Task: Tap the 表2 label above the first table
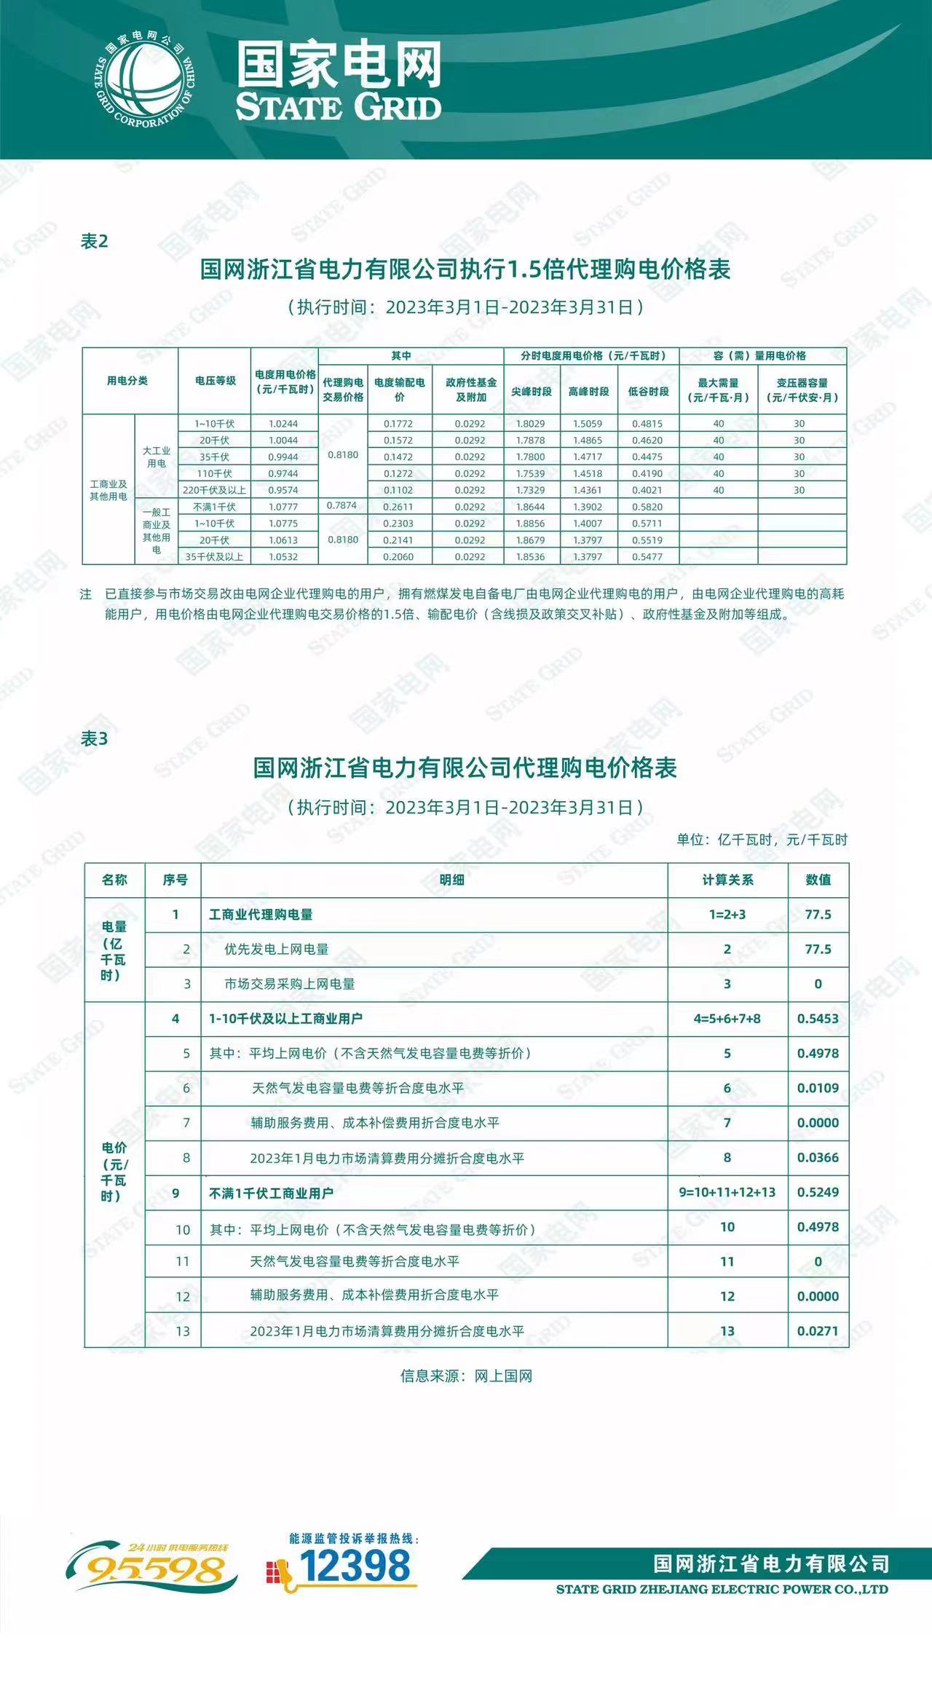(x=94, y=242)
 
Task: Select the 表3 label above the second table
(x=94, y=739)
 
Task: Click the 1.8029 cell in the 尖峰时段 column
(x=531, y=424)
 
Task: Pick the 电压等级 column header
(x=216, y=381)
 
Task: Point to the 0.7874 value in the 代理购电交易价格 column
(x=342, y=505)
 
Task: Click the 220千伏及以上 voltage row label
(x=215, y=490)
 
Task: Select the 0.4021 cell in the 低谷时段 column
(x=647, y=490)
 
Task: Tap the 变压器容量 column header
(x=802, y=390)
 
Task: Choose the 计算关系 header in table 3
(x=727, y=880)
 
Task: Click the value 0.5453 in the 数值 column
(x=818, y=1019)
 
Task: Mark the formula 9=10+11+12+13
(x=727, y=1192)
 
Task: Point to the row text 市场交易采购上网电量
(x=290, y=984)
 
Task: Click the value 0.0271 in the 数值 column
(x=818, y=1331)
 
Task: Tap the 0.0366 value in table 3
(x=818, y=1158)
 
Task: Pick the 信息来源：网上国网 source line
(x=466, y=1376)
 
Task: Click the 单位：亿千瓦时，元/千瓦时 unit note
(x=762, y=840)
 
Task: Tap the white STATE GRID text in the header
(x=339, y=107)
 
